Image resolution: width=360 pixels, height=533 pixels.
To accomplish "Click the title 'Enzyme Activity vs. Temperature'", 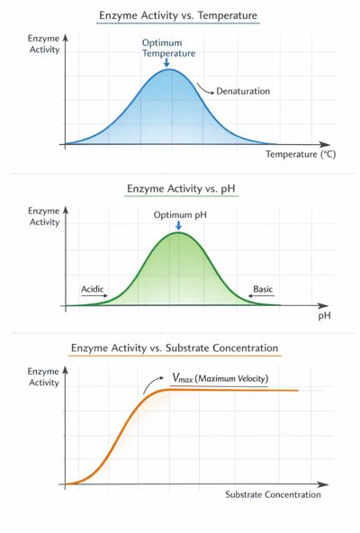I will coord(179,17).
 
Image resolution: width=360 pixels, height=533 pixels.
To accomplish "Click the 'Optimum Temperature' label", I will coord(168,48).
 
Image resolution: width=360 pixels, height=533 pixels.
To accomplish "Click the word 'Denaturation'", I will coord(245,91).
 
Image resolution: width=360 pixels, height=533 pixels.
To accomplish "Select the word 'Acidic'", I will coord(94,289).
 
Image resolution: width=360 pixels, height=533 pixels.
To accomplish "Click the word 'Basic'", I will coord(262,289).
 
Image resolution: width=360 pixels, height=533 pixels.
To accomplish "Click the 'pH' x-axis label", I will coord(324,317).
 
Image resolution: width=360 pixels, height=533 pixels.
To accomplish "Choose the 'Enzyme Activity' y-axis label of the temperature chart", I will coord(45,45).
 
